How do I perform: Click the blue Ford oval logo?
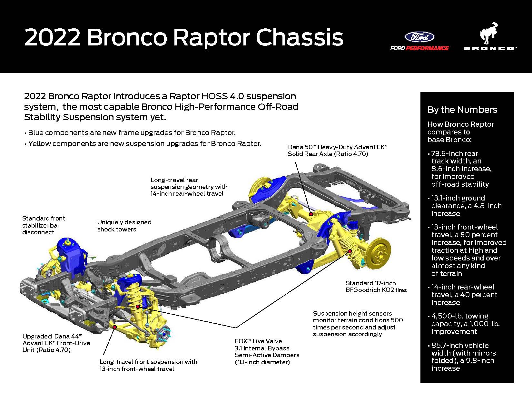(419, 37)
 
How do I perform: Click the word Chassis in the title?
(300, 37)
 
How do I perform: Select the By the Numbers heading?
(462, 110)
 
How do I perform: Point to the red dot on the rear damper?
(350, 251)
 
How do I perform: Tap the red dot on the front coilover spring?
(138, 306)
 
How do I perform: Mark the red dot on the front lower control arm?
(115, 327)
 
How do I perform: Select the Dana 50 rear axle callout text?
(337, 151)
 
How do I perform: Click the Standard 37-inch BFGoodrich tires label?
(376, 287)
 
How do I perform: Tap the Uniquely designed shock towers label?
(124, 226)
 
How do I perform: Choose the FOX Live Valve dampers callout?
(267, 351)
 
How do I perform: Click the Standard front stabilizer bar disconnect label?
(44, 225)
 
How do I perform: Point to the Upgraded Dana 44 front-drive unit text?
(56, 343)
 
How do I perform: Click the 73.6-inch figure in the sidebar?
(447, 154)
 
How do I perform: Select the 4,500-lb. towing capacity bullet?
(464, 324)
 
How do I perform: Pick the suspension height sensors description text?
(357, 324)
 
